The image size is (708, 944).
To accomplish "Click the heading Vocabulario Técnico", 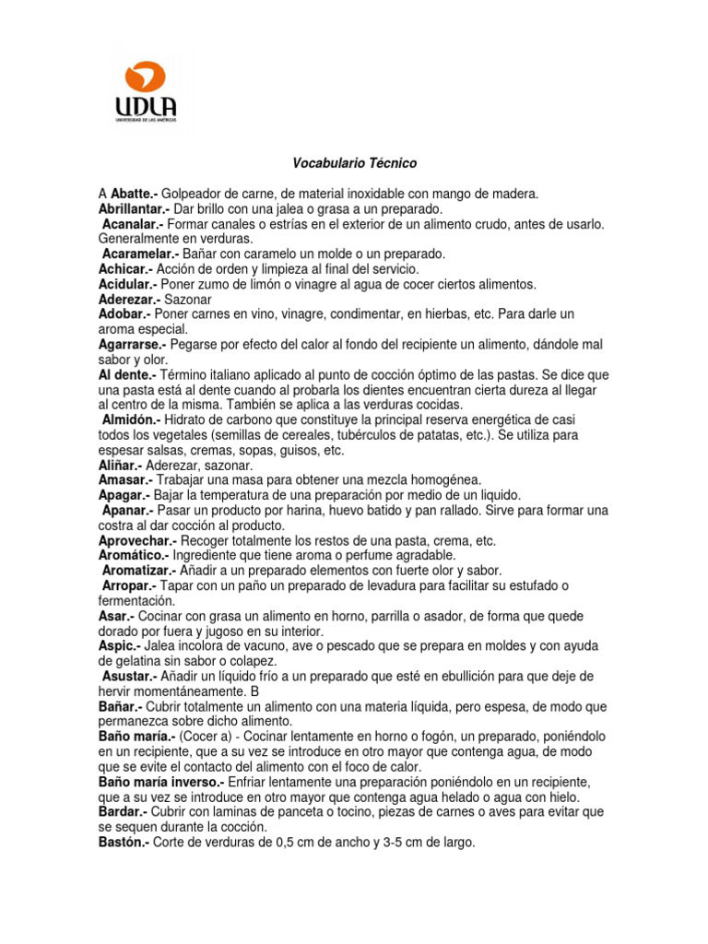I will click(354, 163).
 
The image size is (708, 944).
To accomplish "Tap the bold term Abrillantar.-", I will click(136, 208).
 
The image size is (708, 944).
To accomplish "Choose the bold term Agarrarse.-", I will click(133, 344).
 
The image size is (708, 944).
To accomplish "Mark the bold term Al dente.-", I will click(126, 374).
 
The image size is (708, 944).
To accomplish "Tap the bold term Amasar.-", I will click(124, 479).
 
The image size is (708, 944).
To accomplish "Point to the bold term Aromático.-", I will click(134, 555).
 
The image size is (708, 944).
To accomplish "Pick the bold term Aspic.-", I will click(116, 645).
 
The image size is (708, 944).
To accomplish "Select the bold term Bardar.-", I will click(123, 811).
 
